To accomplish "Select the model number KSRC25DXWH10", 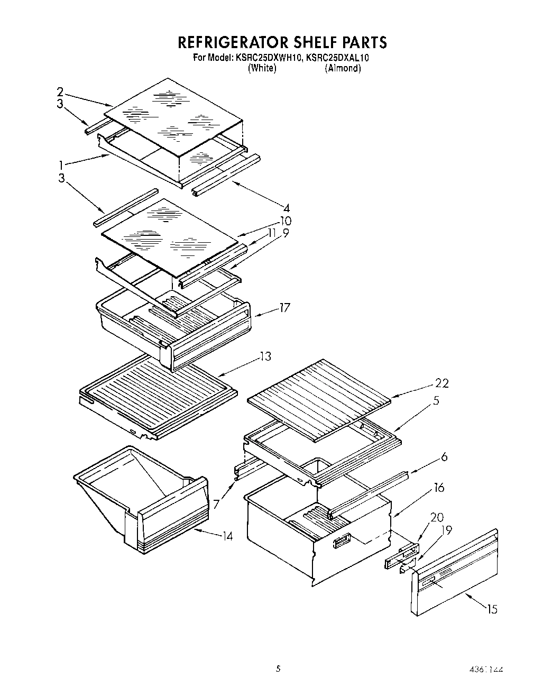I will (268, 58).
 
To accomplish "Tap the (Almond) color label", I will (343, 68).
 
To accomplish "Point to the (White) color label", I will (262, 68).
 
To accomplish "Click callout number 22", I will (441, 383).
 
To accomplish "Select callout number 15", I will (492, 610).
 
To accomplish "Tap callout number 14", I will (227, 537).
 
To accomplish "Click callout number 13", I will (265, 357).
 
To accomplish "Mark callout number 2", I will (60, 91).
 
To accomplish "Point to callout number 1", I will (62, 165).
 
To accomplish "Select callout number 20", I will (437, 518).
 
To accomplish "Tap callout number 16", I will (439, 488).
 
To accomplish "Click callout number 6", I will (444, 456).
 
